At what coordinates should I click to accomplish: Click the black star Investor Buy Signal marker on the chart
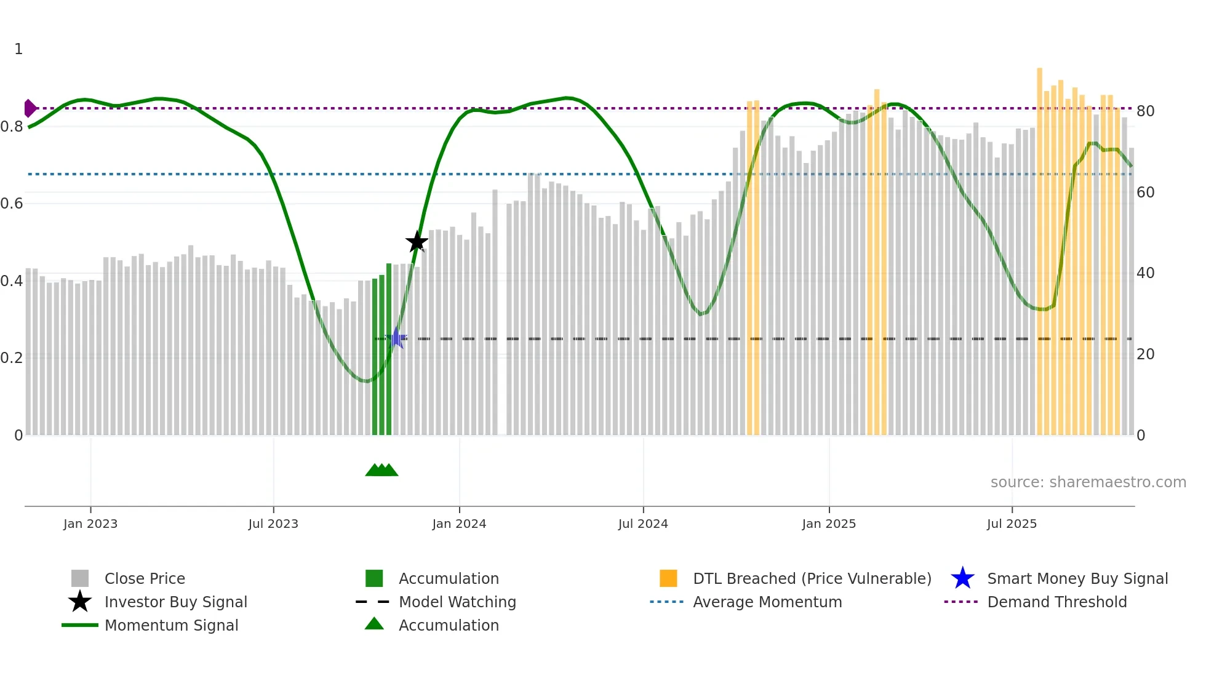tap(417, 242)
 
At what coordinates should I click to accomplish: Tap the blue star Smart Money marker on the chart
tap(397, 338)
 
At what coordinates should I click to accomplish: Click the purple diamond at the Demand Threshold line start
tap(30, 108)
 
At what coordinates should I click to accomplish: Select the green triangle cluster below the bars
tap(381, 470)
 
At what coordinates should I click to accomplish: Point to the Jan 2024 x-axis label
tap(459, 524)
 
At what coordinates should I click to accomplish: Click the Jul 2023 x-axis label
tap(273, 524)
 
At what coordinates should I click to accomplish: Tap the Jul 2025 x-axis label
tap(1012, 524)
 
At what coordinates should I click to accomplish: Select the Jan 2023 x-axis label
tap(90, 524)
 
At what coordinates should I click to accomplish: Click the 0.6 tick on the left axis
tap(12, 204)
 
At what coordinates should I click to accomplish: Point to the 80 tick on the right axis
tap(1145, 111)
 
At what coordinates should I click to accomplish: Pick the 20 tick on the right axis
tap(1145, 354)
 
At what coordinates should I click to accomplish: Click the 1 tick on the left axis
tap(18, 49)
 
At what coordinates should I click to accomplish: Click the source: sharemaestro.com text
tap(1088, 482)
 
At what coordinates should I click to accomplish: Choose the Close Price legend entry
tap(145, 578)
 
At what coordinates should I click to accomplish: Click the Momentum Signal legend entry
tap(171, 625)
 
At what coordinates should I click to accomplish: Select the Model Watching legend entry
tap(457, 602)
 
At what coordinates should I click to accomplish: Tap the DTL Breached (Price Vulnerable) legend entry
tap(812, 578)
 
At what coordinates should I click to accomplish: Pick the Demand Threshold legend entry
tap(1056, 602)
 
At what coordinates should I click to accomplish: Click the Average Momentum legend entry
tap(767, 602)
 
